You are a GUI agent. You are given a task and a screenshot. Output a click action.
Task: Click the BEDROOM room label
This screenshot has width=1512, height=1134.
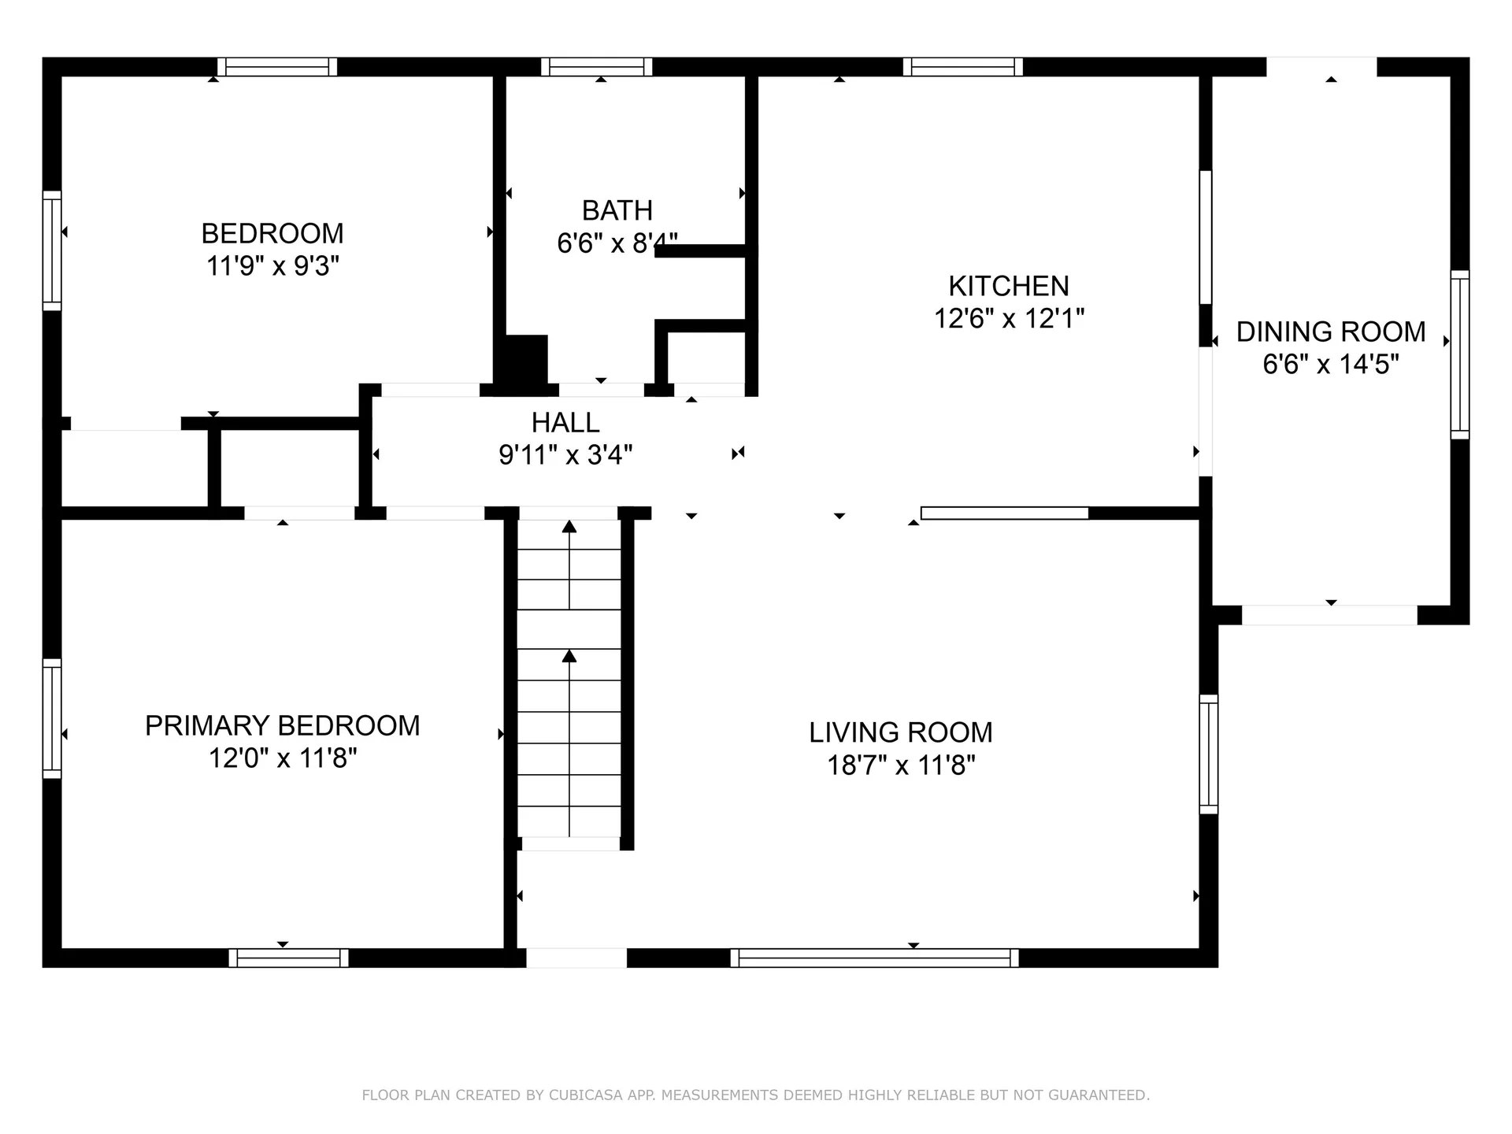point(272,233)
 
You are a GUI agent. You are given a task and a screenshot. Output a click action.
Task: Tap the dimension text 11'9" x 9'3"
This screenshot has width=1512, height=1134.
point(272,266)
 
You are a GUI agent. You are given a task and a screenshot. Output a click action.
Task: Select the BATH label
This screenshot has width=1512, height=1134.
point(617,210)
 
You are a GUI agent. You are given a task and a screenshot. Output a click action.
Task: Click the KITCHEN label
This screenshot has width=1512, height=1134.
point(1008,285)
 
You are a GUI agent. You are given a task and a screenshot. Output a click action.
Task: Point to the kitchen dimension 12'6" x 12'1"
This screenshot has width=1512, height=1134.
point(1008,318)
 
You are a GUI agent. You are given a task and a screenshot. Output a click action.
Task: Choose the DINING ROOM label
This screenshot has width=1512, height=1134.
point(1330,332)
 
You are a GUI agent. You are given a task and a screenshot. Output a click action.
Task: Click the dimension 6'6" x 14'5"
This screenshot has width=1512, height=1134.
point(1330,365)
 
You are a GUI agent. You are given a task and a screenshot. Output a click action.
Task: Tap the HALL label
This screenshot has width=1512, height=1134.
point(565,423)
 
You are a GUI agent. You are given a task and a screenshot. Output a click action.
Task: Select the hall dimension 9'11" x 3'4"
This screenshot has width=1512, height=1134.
point(565,455)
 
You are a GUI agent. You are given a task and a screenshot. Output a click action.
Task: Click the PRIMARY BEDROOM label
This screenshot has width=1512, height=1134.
point(282,725)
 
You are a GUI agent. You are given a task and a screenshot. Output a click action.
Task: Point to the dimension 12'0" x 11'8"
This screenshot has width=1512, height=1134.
point(282,758)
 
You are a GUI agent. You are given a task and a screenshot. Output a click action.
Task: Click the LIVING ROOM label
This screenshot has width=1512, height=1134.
point(900,732)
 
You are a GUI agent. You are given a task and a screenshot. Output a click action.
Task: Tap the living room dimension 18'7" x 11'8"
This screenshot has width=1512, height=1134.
point(900,765)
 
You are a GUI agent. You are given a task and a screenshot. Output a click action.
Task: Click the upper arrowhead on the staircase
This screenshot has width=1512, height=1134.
point(569,526)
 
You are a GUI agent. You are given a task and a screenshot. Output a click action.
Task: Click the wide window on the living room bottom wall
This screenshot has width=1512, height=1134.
point(874,958)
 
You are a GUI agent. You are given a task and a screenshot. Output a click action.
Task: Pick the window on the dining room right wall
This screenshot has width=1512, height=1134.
point(1459,354)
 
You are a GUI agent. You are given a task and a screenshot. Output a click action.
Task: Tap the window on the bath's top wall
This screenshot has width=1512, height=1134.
point(596,67)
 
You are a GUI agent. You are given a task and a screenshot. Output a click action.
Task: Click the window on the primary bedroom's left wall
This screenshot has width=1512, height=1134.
point(52,718)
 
